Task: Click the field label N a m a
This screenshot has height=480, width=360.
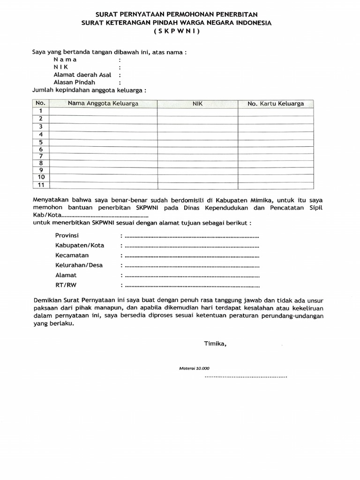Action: tap(65, 60)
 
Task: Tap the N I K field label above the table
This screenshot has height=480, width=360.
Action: tap(61, 67)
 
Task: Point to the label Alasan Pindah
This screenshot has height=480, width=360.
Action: tap(75, 82)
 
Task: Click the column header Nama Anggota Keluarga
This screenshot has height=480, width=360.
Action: tap(103, 104)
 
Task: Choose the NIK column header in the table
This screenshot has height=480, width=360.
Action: tap(197, 104)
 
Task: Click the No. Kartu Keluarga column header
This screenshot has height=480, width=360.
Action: tap(276, 104)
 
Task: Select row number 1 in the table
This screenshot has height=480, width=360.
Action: tap(41, 111)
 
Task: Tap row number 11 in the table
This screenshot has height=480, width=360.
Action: tap(41, 185)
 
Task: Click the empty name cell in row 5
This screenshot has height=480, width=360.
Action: tap(103, 142)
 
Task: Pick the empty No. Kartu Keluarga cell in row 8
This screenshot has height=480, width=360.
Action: tap(276, 163)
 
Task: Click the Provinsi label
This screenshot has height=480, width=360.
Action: tap(67, 235)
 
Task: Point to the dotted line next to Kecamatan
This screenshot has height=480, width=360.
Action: tap(192, 256)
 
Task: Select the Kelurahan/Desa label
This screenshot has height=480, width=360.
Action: tap(79, 265)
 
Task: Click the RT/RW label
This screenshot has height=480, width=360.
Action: tap(65, 285)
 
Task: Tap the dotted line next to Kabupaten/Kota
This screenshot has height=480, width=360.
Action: tap(192, 246)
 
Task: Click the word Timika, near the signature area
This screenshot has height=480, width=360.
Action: tap(215, 344)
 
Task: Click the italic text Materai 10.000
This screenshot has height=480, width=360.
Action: tap(195, 368)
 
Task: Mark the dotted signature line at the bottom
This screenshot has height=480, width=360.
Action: tap(246, 376)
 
